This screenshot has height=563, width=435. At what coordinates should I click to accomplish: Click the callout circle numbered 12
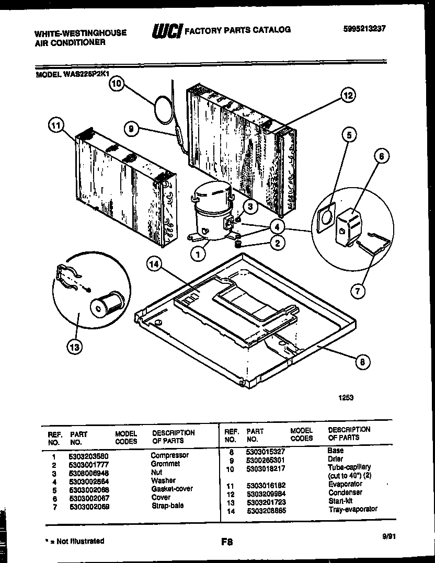coord(348,95)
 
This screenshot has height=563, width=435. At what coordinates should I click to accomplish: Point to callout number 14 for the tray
coord(153,265)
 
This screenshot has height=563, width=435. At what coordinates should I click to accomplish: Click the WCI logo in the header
coord(166,31)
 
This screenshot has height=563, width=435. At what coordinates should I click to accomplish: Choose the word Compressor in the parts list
coord(169,455)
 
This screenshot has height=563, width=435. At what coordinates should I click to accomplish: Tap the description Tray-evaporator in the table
coord(352,509)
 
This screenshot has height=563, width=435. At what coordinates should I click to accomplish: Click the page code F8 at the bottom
coord(227,543)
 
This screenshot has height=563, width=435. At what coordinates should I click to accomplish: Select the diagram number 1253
coord(346,397)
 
